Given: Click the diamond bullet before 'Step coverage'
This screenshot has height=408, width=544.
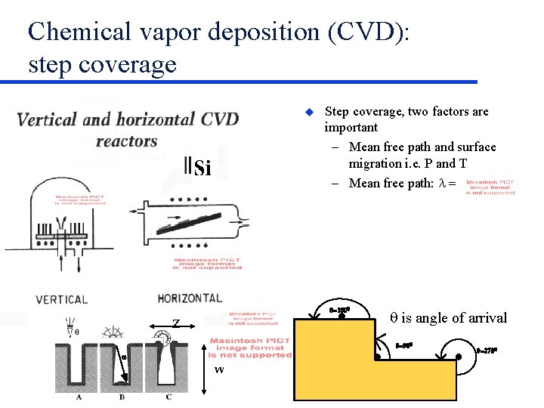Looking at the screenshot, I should [x=308, y=112].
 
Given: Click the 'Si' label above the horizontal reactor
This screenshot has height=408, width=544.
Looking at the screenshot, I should [x=200, y=167].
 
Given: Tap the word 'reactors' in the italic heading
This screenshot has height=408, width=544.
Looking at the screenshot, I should [x=127, y=141].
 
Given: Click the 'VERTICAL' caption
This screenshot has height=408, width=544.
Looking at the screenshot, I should [x=61, y=299].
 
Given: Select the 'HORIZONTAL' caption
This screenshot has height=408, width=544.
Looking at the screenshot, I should [x=190, y=298].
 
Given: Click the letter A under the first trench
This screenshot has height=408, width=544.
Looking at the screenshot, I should [x=79, y=397].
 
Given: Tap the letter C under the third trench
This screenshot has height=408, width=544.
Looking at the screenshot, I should [x=168, y=397].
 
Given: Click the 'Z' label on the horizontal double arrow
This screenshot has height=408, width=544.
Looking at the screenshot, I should [x=175, y=323].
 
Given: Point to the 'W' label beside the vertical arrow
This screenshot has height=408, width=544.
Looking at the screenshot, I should [x=218, y=369].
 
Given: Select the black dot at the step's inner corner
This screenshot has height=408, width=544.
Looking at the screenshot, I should [x=379, y=357].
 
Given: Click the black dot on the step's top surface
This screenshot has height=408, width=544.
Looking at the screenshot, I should [x=341, y=317].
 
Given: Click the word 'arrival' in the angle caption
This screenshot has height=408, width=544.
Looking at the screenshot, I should [x=484, y=318].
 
